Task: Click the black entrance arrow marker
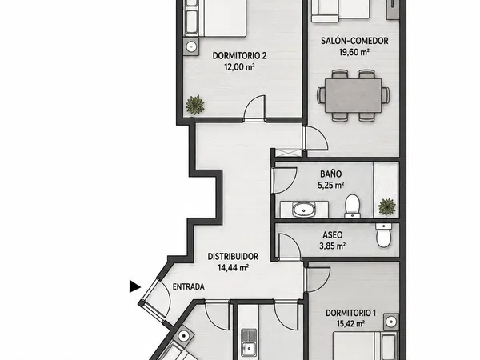(134, 286)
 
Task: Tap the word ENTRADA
(189, 287)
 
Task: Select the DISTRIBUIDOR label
(233, 257)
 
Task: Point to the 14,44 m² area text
(233, 268)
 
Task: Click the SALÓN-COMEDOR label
(354, 41)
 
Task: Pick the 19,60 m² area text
(354, 52)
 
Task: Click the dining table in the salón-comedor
(354, 95)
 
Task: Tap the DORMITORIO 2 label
(239, 56)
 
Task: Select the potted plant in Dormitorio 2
(195, 105)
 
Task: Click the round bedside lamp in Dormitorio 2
(191, 47)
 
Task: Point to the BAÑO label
(331, 174)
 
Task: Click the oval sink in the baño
(304, 210)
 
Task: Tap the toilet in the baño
(352, 206)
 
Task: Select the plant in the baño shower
(387, 206)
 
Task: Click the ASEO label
(333, 234)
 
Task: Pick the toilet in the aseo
(383, 235)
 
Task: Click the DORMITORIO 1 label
(350, 313)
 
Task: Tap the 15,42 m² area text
(350, 324)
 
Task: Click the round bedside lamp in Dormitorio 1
(390, 322)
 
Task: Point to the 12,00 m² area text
(240, 66)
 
